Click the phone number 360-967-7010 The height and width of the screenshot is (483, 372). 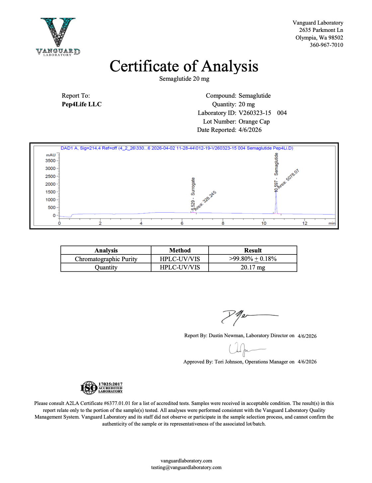[326, 45]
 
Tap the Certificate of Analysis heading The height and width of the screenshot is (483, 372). [184, 66]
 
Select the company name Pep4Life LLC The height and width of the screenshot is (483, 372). [82, 104]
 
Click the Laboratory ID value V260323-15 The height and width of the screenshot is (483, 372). [255, 113]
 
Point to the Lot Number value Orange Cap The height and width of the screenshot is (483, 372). [254, 122]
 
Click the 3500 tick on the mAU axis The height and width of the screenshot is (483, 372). [51, 161]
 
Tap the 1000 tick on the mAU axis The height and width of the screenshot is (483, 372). [51, 200]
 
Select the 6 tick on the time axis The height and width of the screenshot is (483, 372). [182, 223]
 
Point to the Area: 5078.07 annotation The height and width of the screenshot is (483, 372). [288, 179]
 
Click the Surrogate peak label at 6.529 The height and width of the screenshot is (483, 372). [193, 194]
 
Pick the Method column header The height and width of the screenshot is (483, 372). [180, 250]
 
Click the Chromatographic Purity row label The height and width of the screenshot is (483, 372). [106, 259]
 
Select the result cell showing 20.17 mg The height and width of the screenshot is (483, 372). [253, 267]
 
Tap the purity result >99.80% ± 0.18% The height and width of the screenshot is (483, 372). [253, 259]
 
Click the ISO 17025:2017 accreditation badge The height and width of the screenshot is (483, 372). [102, 388]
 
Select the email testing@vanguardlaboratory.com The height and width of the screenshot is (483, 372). [186, 467]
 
